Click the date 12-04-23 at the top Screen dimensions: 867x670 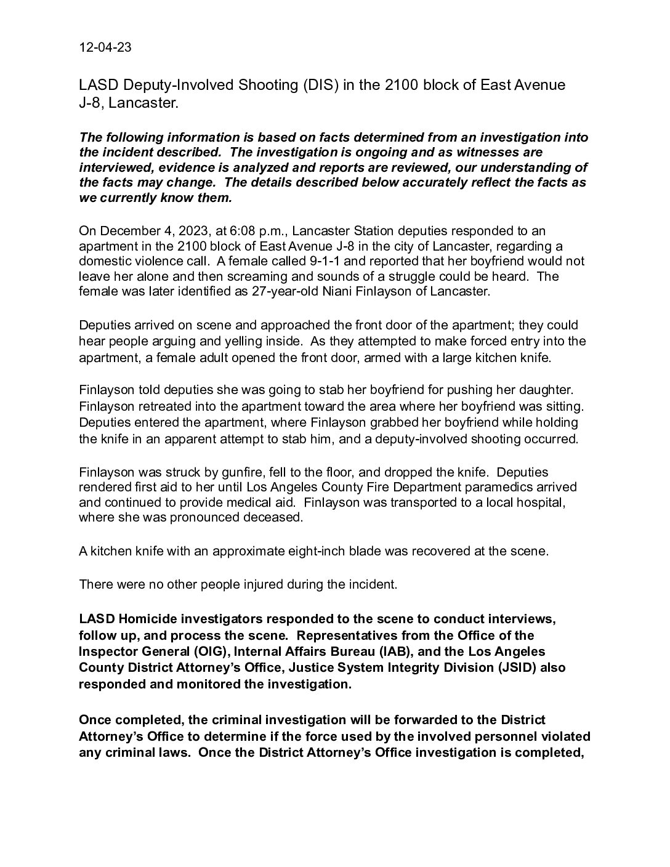pyautogui.click(x=105, y=48)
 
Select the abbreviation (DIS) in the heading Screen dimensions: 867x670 pyautogui.click(x=320, y=85)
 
